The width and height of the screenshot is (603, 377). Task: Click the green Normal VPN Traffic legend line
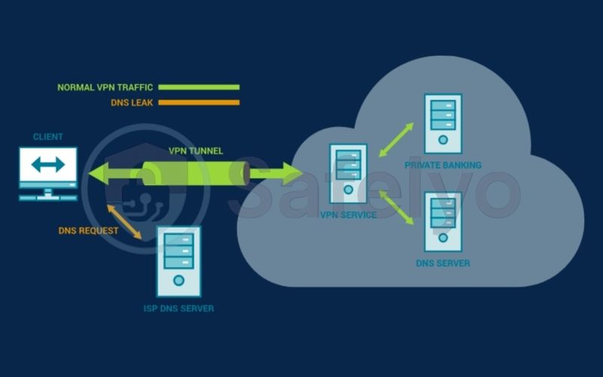pos(198,87)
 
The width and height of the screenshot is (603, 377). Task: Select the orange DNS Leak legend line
pos(198,103)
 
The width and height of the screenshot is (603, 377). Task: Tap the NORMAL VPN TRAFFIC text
pos(105,87)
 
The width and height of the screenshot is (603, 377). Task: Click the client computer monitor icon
pos(48,170)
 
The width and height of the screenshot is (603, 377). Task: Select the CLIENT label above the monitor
pos(47,137)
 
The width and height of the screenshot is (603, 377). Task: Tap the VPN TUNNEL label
pos(195,151)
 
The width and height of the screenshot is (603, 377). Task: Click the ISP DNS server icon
pos(179,261)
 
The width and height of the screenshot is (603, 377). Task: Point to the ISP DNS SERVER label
pos(179,308)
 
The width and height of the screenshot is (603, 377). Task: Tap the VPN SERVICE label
pos(347,216)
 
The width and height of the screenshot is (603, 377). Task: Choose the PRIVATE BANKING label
pos(442,165)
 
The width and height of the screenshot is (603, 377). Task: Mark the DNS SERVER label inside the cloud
pos(442,263)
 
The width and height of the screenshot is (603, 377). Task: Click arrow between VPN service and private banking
pos(396,140)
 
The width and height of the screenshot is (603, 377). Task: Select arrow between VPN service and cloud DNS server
pos(396,207)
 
